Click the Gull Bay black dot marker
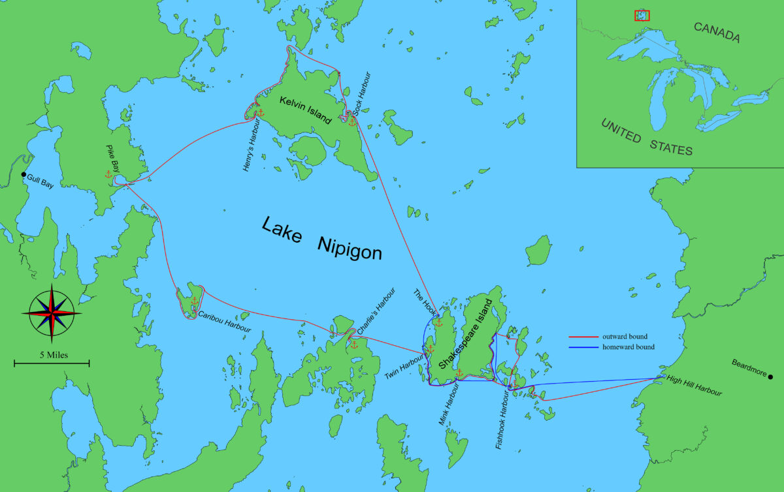[x=24, y=175]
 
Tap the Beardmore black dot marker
[x=771, y=377]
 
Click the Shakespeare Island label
[x=466, y=335]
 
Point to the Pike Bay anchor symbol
[x=108, y=174]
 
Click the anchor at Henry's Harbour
[x=260, y=113]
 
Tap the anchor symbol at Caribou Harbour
[x=194, y=301]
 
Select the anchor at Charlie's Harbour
[x=354, y=344]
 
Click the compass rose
[x=52, y=315]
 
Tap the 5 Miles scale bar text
[x=52, y=356]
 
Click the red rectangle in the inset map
[x=642, y=14]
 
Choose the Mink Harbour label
[x=449, y=405]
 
